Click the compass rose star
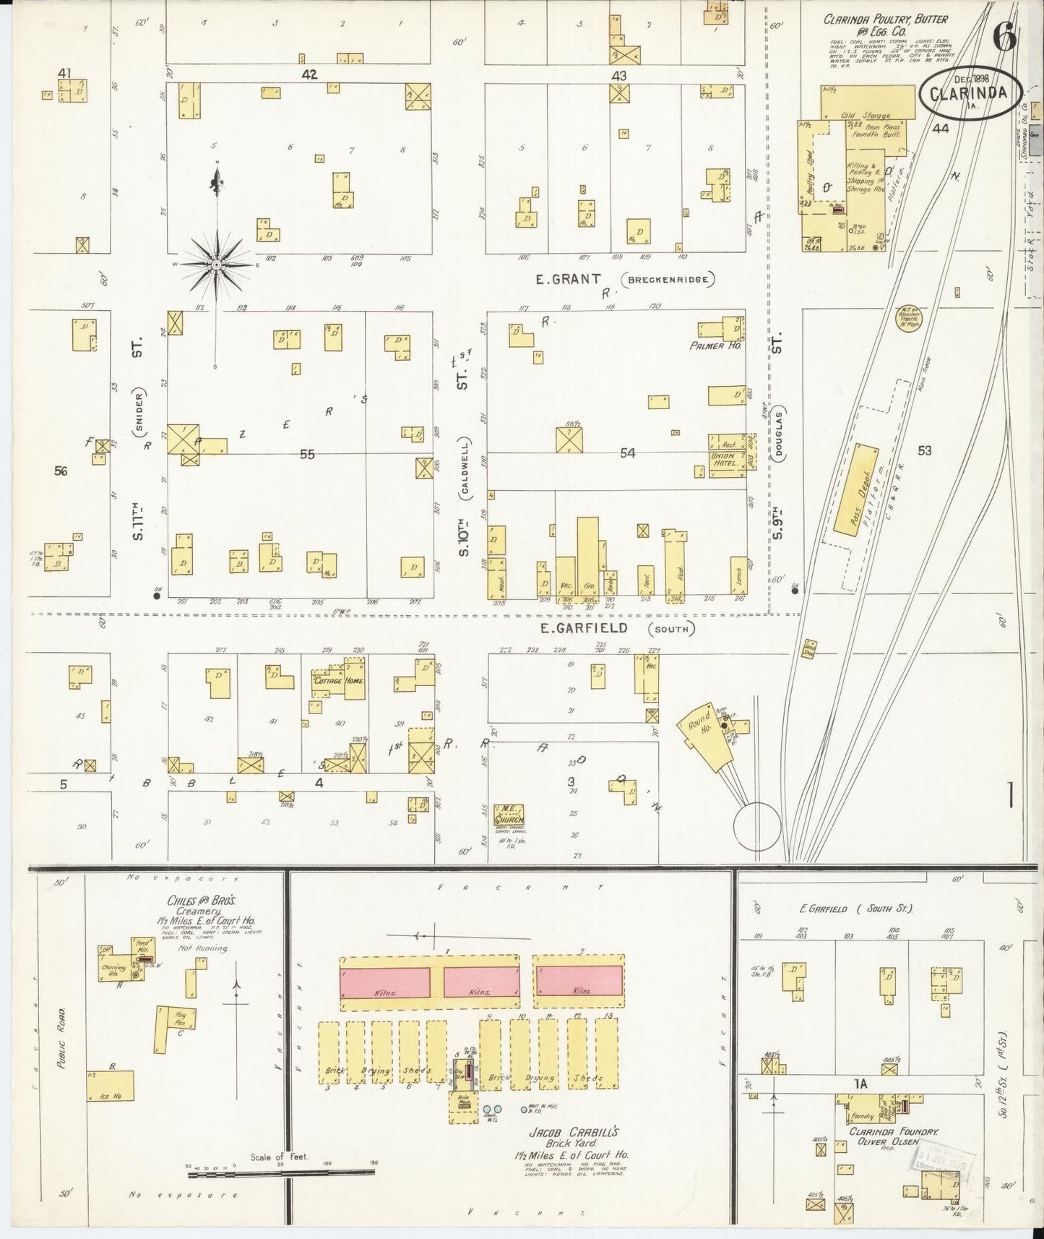[x=215, y=265]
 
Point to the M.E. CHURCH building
[x=509, y=814]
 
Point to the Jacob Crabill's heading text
[x=566, y=1132]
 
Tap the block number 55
[x=307, y=454]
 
